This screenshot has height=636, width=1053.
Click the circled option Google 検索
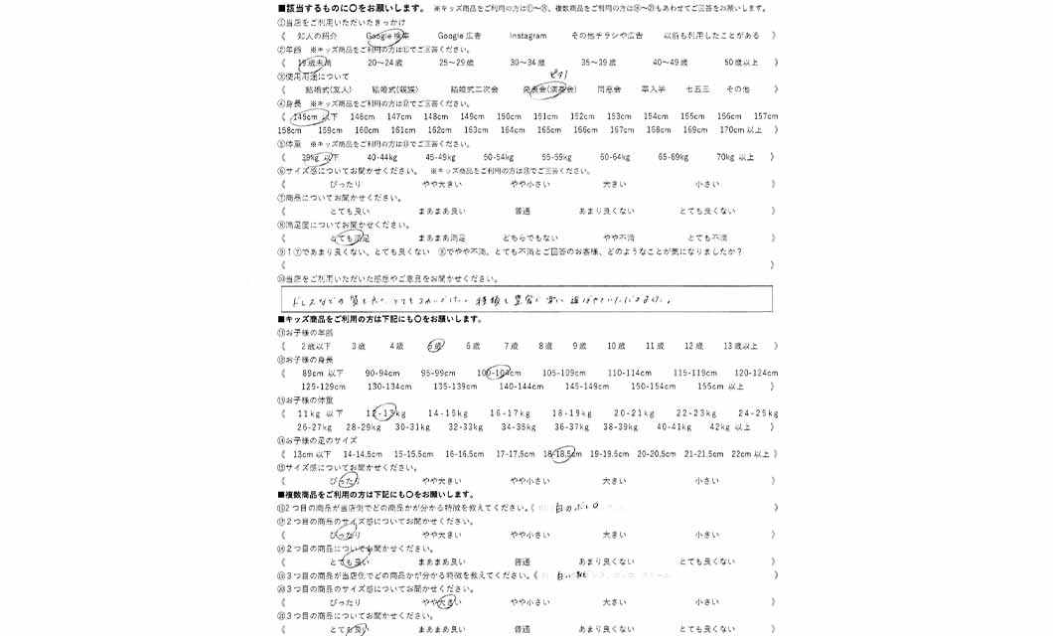click(386, 36)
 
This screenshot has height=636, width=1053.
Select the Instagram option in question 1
click(527, 36)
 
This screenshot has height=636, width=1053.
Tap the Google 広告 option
click(459, 36)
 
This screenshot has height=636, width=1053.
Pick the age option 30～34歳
click(527, 63)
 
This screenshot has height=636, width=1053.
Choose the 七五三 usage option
click(697, 89)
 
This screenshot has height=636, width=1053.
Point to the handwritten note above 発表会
click(558, 76)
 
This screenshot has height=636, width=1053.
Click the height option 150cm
click(509, 116)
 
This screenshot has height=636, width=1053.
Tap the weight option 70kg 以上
click(735, 157)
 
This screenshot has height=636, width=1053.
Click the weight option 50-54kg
click(499, 157)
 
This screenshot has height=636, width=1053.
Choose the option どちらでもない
click(529, 238)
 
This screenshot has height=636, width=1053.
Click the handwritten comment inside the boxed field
click(477, 299)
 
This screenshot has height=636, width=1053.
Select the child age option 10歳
click(616, 346)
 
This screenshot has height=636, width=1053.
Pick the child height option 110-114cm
click(630, 374)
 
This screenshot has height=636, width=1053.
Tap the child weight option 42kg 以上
click(730, 427)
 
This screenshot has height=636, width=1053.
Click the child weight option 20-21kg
click(634, 413)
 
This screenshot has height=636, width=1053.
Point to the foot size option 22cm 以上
click(750, 454)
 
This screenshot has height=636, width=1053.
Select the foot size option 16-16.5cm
click(464, 454)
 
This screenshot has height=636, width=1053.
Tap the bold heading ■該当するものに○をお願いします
click(353, 8)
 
